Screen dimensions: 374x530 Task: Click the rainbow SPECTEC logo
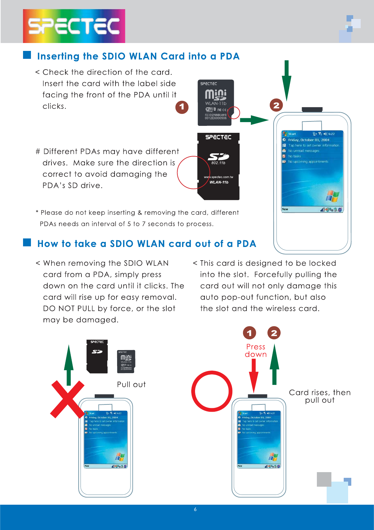74,26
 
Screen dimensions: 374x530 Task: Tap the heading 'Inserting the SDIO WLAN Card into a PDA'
138,56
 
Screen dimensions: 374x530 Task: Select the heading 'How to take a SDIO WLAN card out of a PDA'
146,244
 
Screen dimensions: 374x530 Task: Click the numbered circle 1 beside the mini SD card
182,107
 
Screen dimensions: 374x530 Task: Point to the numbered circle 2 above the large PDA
276,105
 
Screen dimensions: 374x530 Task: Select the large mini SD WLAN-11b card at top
216,102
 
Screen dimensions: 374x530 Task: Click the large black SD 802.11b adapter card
218,166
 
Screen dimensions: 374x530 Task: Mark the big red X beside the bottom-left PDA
67,399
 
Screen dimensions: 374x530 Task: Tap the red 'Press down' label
256,351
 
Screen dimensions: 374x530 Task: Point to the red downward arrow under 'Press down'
253,375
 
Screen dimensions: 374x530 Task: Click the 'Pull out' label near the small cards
131,385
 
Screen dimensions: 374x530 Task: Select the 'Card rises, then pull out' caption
320,396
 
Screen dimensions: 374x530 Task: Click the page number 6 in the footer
195,509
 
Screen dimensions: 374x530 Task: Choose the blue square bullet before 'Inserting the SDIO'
27,55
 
